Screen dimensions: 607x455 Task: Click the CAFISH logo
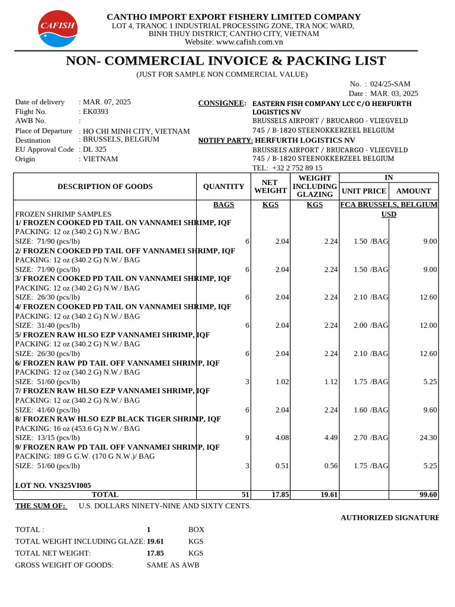57,28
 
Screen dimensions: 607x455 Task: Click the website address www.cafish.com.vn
249,42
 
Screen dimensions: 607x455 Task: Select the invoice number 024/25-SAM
390,84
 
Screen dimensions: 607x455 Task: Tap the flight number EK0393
96,111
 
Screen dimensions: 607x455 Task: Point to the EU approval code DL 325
95,149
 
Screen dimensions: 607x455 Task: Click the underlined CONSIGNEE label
222,104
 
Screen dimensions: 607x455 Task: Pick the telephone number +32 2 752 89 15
297,168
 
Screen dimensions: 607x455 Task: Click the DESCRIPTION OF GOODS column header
105,187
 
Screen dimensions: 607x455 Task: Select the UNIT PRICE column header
364,191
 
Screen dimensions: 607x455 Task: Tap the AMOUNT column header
414,191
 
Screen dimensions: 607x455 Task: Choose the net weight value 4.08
282,437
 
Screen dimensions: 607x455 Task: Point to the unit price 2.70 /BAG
371,437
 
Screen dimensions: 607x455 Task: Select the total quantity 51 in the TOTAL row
245,494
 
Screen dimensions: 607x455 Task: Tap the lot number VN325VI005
53,485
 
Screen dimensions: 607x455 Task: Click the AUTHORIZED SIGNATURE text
389,517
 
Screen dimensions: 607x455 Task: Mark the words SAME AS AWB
173,565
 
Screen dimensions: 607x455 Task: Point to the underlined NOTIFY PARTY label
225,140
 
